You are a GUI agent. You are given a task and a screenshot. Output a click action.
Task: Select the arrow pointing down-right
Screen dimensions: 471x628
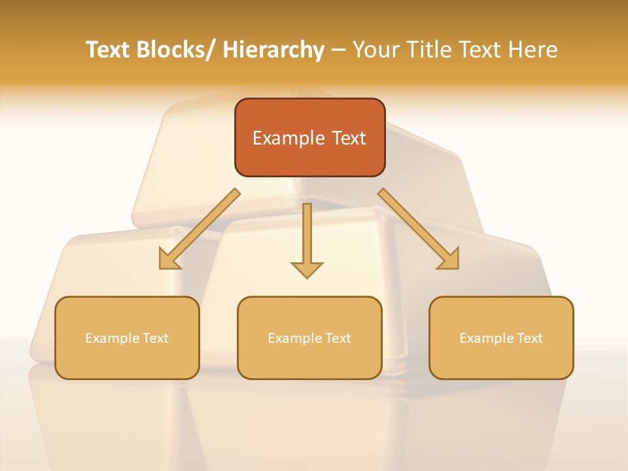419,229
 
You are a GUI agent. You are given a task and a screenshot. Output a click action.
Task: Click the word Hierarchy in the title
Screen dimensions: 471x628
273,50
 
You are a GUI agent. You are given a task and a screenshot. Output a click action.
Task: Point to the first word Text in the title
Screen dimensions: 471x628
109,50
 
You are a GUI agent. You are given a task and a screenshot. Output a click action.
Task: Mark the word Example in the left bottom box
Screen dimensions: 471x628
112,338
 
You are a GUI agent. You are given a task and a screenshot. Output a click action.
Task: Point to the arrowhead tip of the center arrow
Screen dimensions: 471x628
307,277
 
